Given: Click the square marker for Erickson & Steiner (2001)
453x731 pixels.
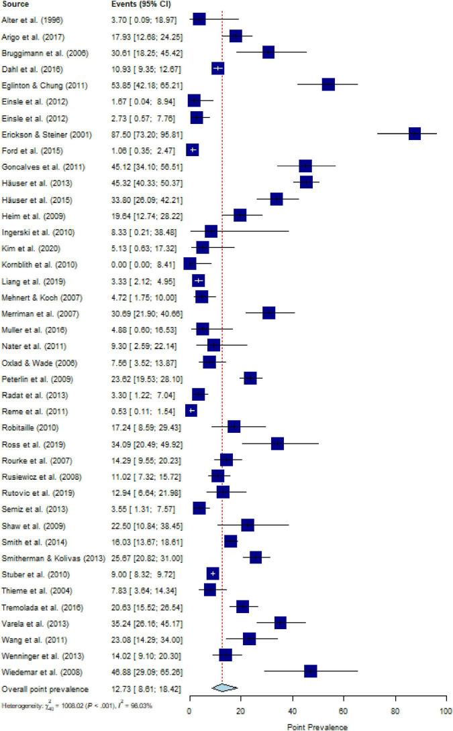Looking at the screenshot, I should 415,133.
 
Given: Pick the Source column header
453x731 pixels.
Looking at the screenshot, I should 15,4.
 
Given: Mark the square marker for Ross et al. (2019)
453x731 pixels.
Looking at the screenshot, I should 277,444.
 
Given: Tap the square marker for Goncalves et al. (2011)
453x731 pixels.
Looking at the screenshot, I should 305,166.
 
